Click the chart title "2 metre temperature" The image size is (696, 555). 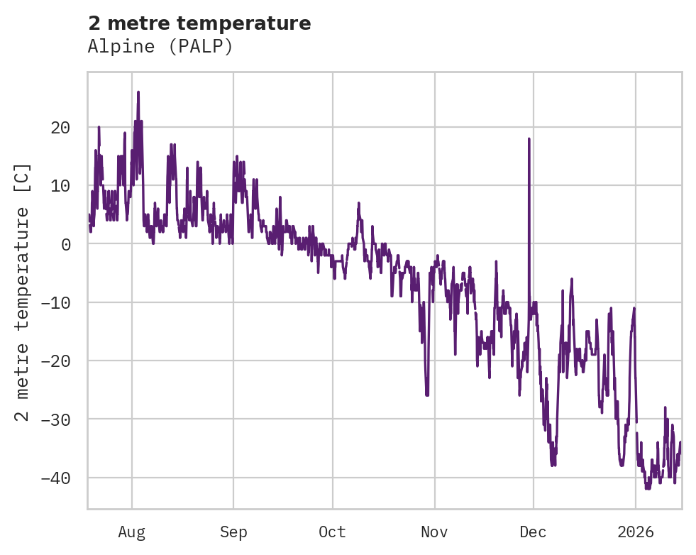click(199, 23)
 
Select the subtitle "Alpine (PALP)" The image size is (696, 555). click(160, 47)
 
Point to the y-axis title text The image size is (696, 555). click(23, 292)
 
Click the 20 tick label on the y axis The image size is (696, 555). click(60, 128)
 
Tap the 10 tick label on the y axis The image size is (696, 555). click(60, 186)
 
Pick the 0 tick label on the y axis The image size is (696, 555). click(65, 244)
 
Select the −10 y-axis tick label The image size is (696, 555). click(55, 302)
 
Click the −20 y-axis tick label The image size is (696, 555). click(55, 361)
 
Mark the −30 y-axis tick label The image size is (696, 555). click(55, 419)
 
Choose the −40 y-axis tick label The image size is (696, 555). click(55, 477)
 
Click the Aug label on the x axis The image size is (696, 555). click(132, 532)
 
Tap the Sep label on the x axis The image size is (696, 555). click(233, 532)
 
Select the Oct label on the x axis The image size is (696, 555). click(332, 532)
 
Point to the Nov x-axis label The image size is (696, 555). click(434, 532)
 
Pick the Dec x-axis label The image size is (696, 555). click(533, 532)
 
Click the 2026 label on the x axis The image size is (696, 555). click(636, 532)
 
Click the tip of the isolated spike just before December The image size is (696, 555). click(529, 139)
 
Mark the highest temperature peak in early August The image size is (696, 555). click(138, 92)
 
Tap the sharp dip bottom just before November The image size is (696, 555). click(427, 395)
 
